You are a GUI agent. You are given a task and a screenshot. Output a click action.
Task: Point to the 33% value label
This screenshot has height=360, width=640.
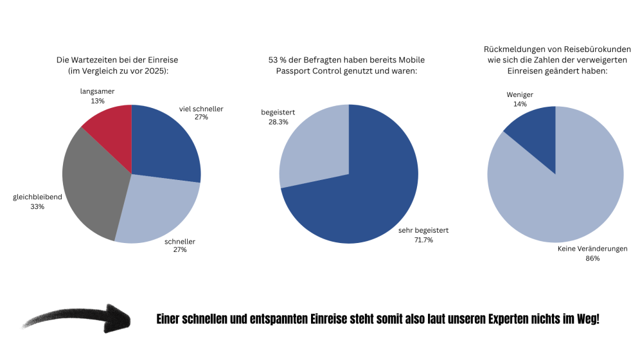[x=37, y=207]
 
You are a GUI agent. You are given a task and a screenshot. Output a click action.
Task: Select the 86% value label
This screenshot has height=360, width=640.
[x=592, y=258]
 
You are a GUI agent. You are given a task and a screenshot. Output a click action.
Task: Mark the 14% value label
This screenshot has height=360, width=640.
[x=520, y=104]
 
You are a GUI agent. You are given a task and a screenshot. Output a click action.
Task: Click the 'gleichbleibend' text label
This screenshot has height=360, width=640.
[x=37, y=197]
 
